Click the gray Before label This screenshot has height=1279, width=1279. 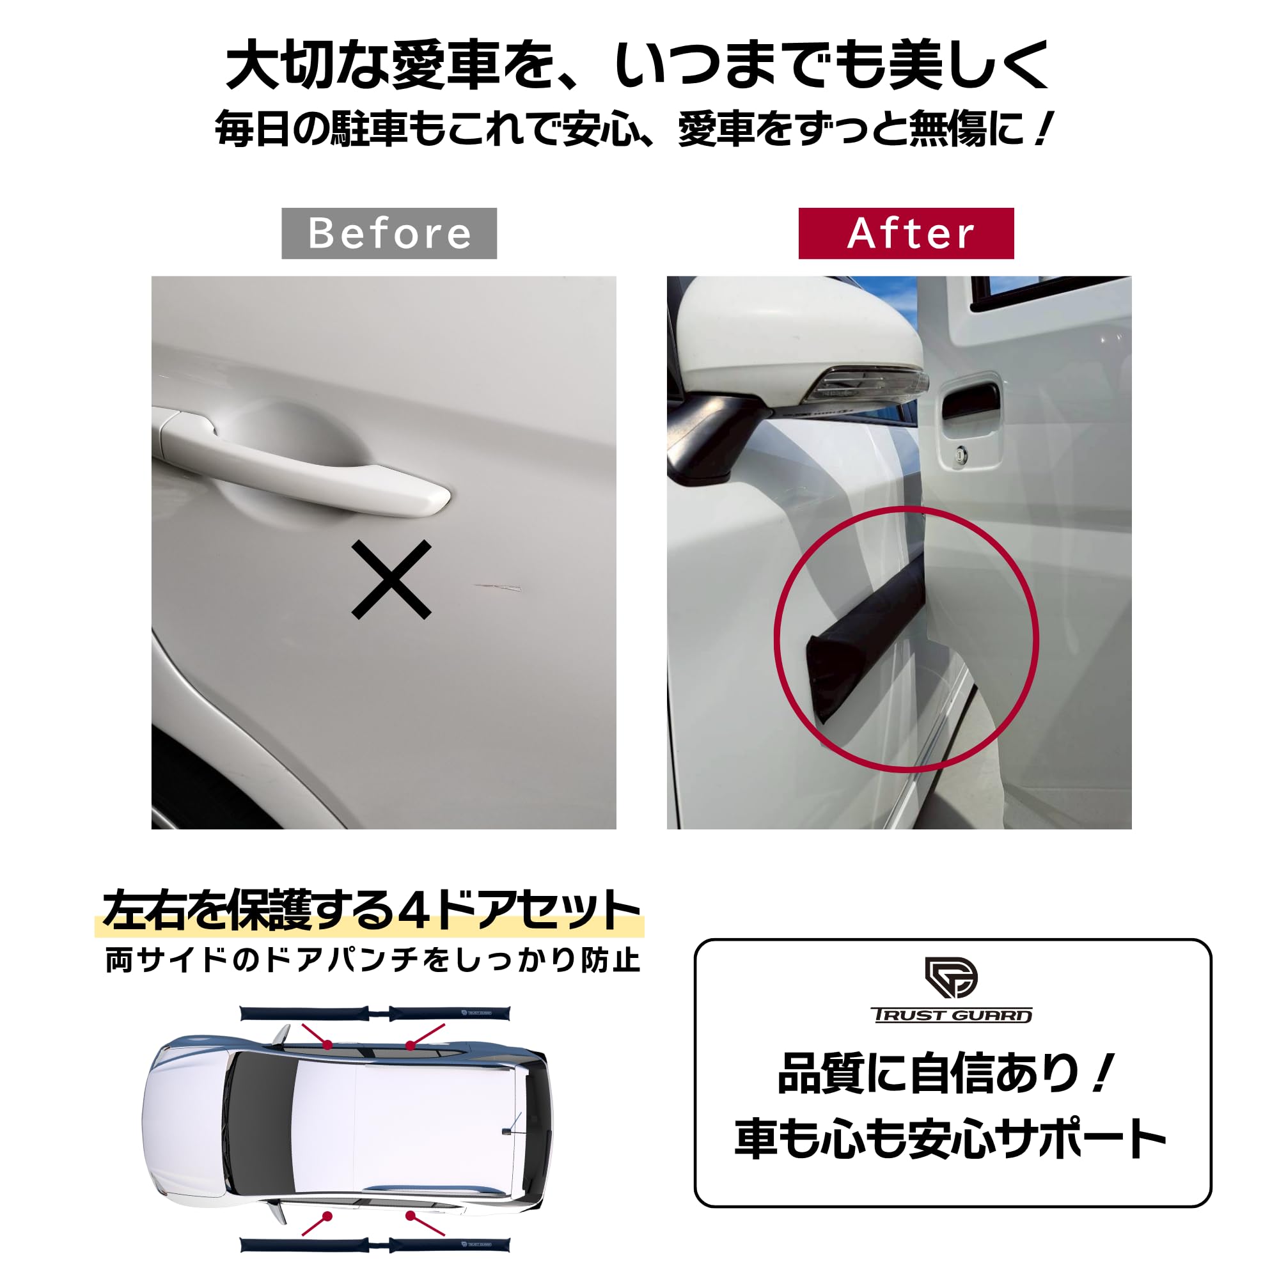click(x=389, y=233)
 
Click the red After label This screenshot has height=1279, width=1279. click(x=906, y=233)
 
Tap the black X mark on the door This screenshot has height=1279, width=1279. click(x=391, y=579)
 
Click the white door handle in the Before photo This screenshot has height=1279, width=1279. click(x=304, y=470)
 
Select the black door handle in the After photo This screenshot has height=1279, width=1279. click(x=971, y=402)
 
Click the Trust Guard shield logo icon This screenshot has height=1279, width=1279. click(x=951, y=977)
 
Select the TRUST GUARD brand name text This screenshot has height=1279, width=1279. click(x=952, y=1016)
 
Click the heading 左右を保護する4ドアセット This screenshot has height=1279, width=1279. click(x=371, y=911)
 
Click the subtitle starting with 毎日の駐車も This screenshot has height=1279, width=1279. click(x=632, y=129)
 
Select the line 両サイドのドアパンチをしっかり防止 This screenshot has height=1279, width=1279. click(x=373, y=961)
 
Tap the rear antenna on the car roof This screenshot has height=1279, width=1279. click(x=509, y=1130)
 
